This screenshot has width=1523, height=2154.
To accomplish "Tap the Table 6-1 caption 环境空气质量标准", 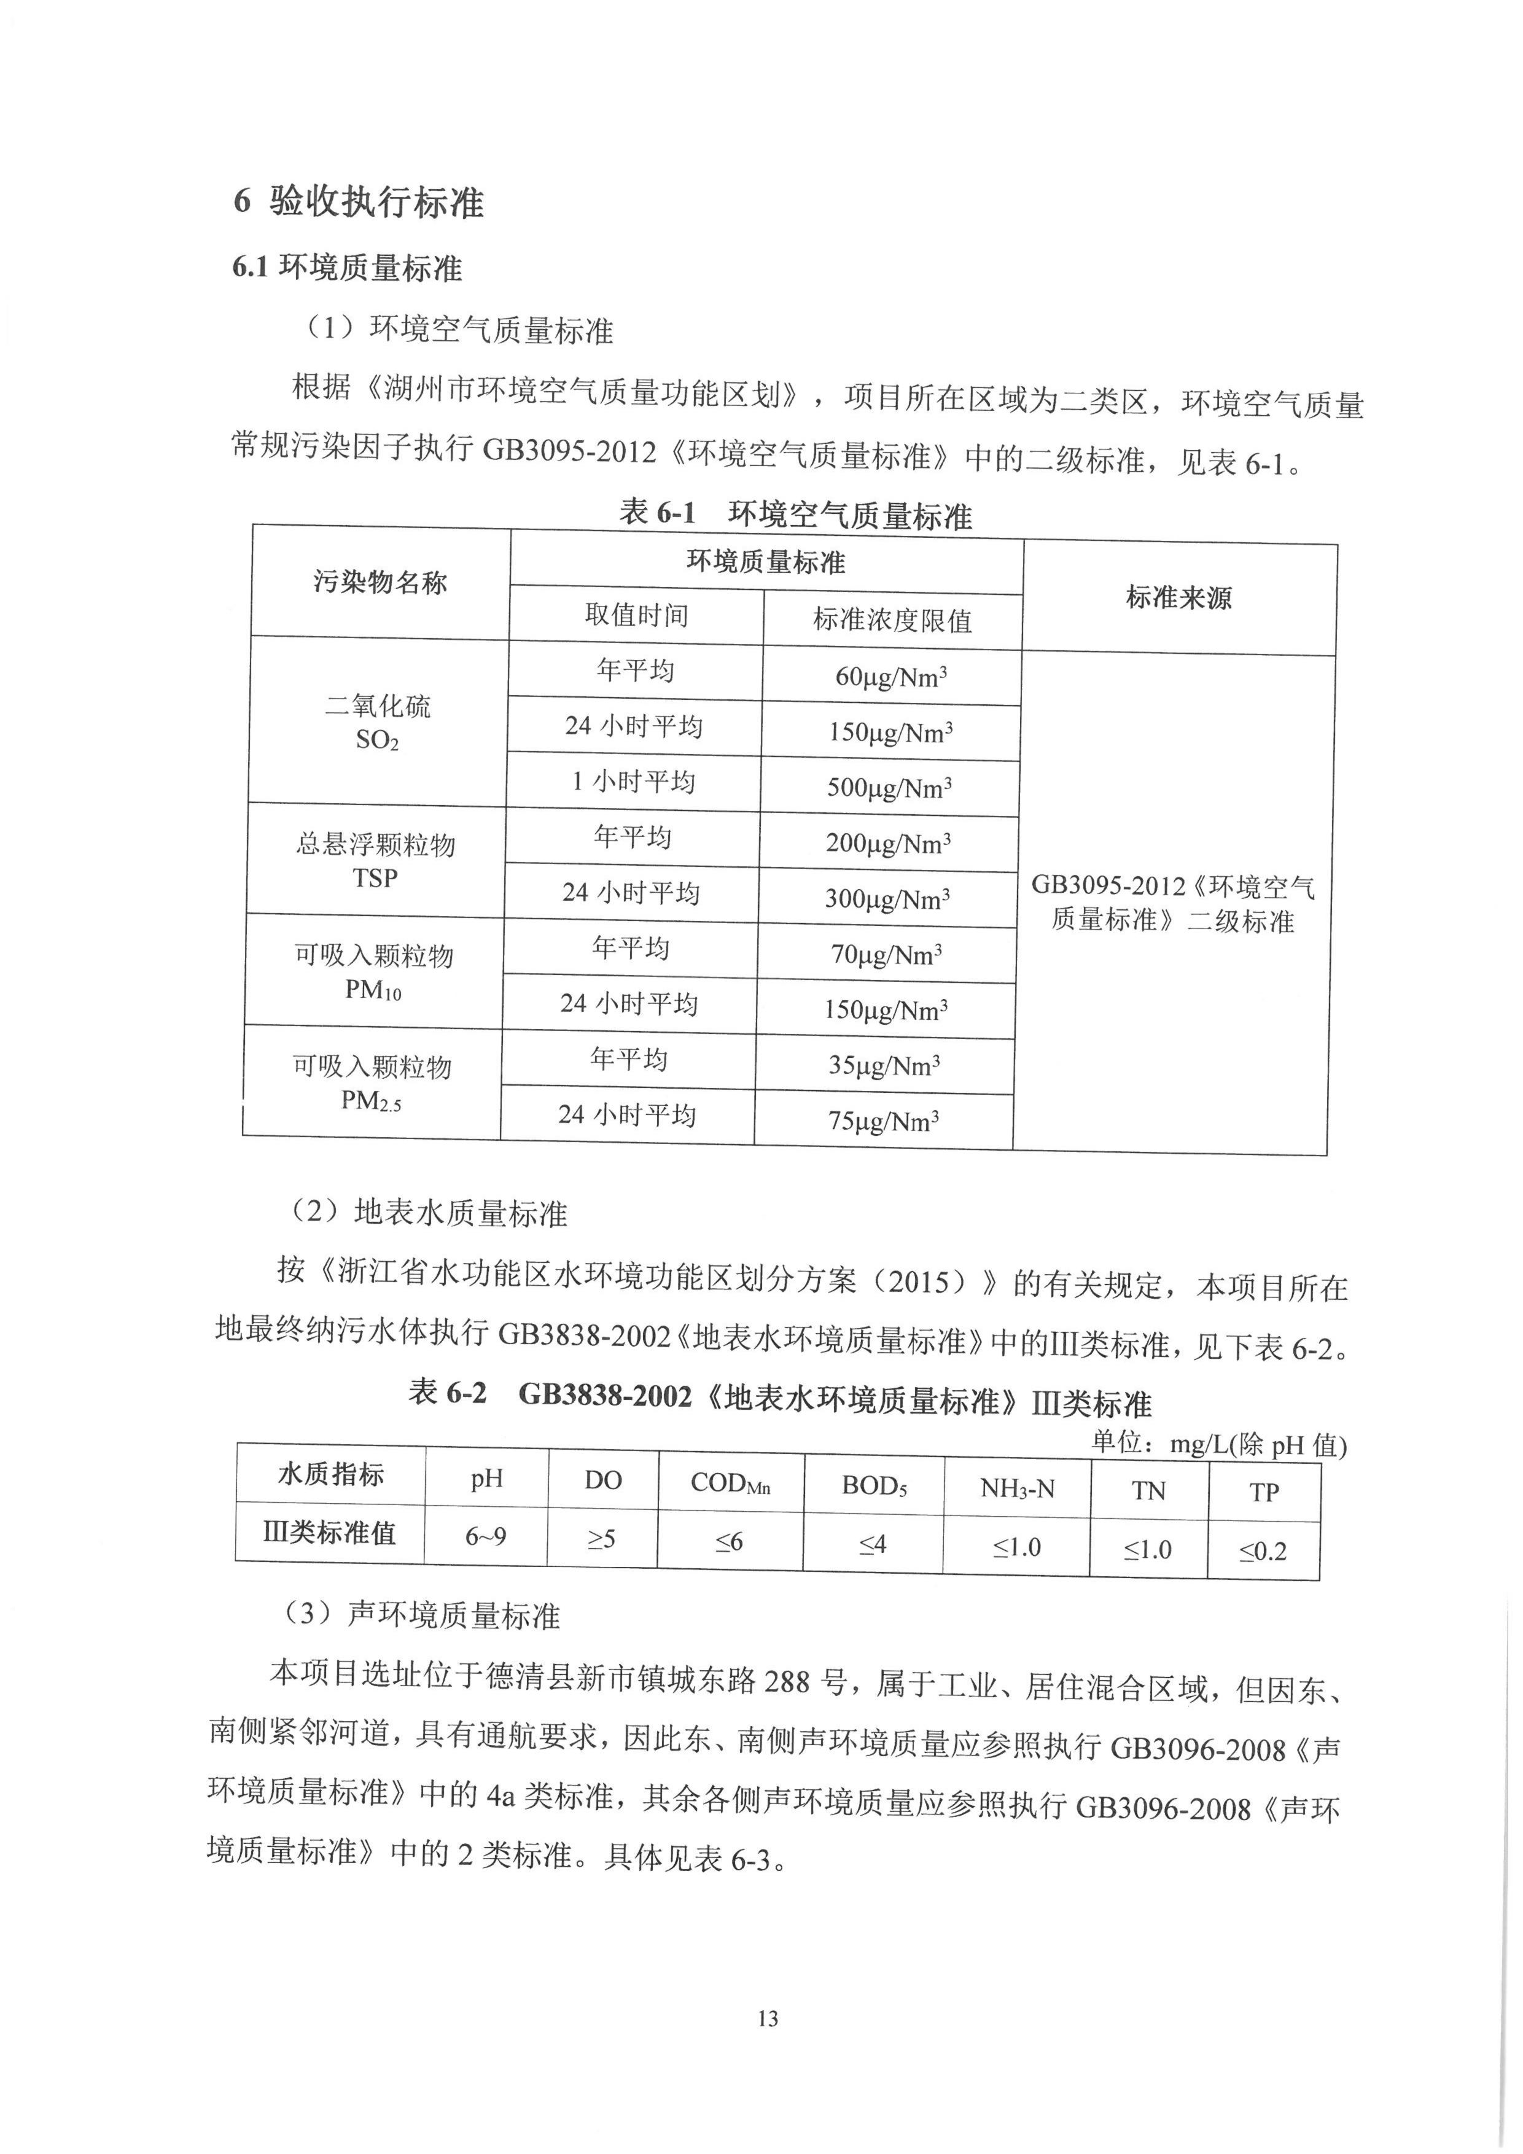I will coord(796,514).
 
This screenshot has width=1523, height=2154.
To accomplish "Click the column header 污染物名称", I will coord(380,583).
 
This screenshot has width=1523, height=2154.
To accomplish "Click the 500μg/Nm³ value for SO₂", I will coord(889,787).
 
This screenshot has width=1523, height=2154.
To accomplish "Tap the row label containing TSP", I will coord(375,860).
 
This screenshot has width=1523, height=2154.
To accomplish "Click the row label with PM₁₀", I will coord(373,972).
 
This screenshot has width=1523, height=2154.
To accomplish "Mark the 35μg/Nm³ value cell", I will coord(884,1065).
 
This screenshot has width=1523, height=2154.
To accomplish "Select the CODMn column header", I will coord(730,1482).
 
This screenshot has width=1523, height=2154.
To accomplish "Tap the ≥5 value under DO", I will coord(601,1539).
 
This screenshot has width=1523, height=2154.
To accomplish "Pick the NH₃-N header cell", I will coord(1017,1488).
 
